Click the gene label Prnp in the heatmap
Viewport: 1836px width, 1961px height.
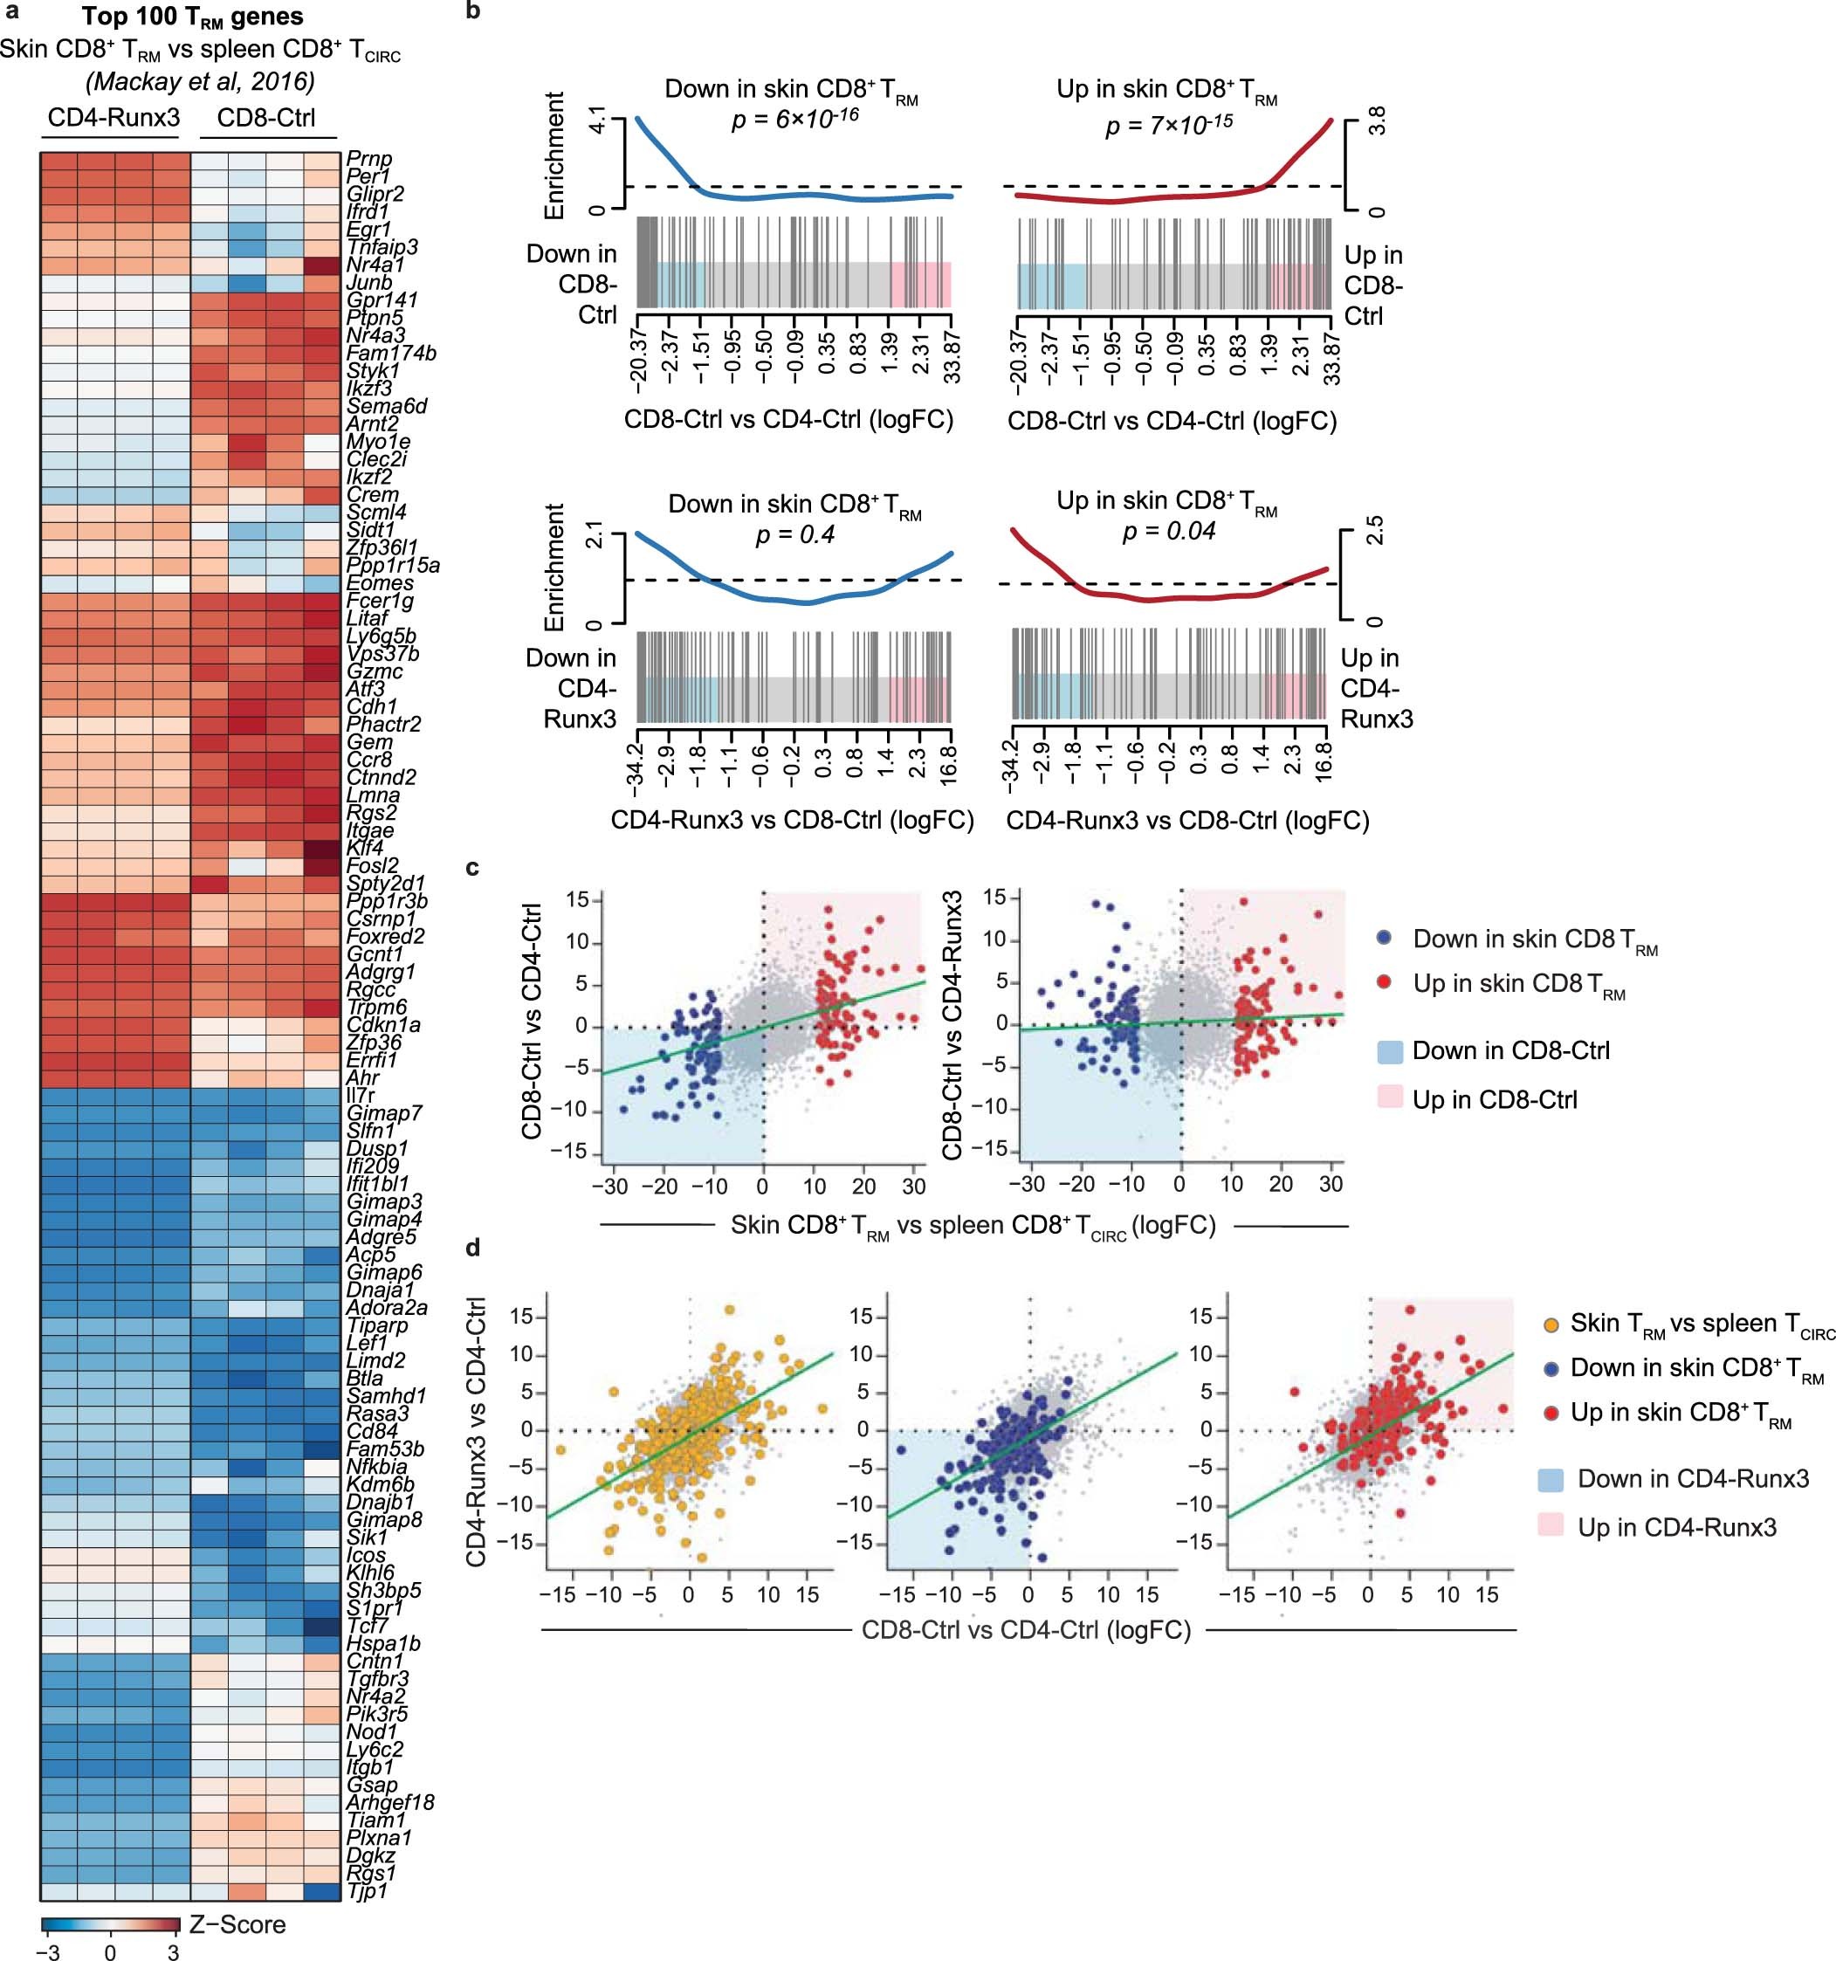[369, 159]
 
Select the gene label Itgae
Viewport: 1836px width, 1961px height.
[370, 830]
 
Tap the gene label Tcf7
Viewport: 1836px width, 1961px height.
[367, 1626]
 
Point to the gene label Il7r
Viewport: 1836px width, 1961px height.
[362, 1096]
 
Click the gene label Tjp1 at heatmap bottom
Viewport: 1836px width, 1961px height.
[367, 1891]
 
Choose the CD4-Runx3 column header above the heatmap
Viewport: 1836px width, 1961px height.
[113, 119]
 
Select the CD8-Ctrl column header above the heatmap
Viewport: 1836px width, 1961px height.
[265, 119]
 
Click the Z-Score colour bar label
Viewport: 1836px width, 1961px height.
[237, 1924]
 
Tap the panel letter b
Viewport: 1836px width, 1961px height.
[472, 13]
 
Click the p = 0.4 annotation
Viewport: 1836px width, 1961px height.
[794, 534]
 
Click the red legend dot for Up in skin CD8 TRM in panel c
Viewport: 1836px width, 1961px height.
[1386, 982]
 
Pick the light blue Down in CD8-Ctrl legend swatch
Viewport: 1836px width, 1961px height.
[1389, 1050]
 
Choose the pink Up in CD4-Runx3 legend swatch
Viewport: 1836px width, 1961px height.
[1550, 1527]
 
